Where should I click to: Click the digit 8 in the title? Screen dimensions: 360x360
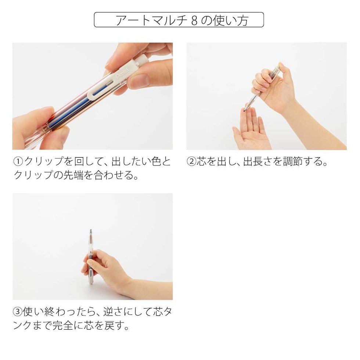[195, 20]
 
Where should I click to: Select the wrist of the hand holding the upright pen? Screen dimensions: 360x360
[127, 284]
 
